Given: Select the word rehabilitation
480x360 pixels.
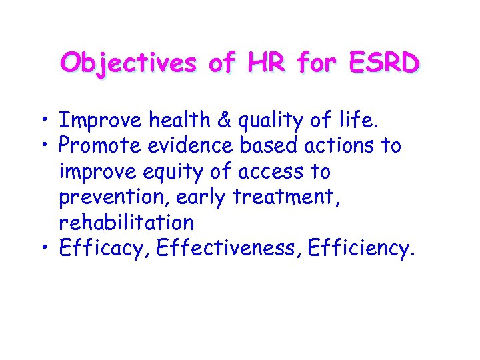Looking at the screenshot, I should tap(127, 223).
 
